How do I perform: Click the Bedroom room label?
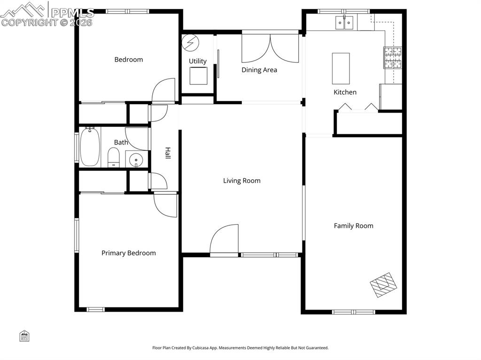(x=129, y=60)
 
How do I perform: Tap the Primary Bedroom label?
(x=129, y=253)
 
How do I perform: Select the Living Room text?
(x=241, y=181)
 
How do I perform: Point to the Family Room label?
(x=353, y=226)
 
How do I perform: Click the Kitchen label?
(x=345, y=92)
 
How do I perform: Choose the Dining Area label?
(x=259, y=70)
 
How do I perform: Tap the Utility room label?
(x=198, y=61)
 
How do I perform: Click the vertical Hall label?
(x=167, y=153)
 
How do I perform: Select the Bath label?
(x=121, y=142)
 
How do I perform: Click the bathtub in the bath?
(x=90, y=147)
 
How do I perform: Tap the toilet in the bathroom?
(x=114, y=157)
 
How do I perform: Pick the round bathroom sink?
(x=136, y=160)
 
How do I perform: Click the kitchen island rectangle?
(x=341, y=68)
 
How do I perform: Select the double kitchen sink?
(x=344, y=22)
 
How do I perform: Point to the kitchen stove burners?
(x=393, y=57)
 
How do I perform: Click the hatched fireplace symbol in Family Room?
(x=384, y=284)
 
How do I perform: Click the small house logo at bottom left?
(x=24, y=336)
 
